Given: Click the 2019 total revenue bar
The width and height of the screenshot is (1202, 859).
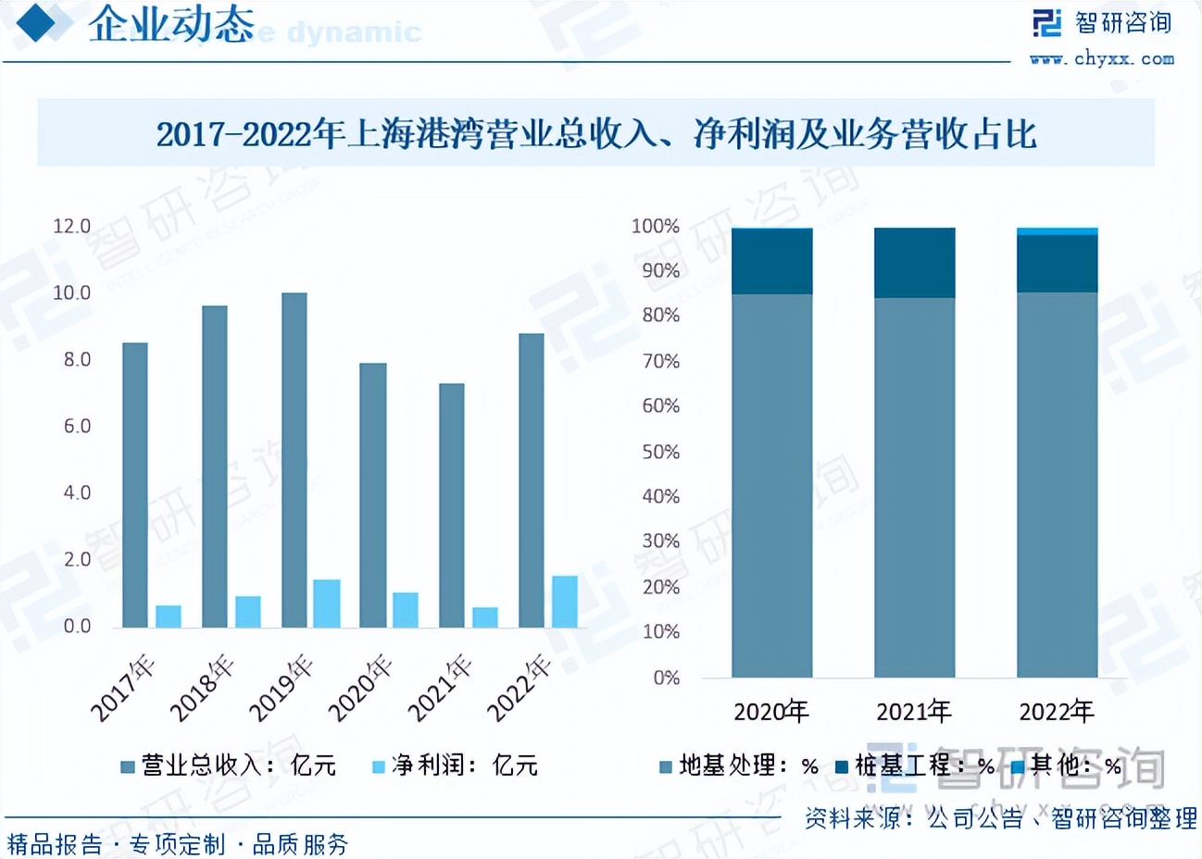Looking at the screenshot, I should (294, 460).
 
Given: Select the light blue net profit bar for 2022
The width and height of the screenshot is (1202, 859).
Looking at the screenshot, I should (565, 602).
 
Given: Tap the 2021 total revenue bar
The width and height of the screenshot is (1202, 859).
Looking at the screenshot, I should (452, 505).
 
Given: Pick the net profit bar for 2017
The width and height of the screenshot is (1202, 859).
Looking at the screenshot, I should (169, 616).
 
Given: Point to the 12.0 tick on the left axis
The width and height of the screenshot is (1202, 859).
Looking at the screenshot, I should (71, 227).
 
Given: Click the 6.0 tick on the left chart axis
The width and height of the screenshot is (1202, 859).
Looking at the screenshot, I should (77, 427).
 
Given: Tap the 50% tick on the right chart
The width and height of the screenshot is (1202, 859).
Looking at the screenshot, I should (660, 452).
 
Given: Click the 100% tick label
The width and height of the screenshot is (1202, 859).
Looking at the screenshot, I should (656, 227).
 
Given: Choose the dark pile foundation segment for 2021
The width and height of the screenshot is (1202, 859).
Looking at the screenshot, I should (915, 263).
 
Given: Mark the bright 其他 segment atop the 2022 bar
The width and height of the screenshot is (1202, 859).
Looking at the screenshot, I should (1058, 231).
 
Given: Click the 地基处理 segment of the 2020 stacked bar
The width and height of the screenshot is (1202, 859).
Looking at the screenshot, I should (772, 486).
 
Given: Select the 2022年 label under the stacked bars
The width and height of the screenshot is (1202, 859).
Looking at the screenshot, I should (1057, 712).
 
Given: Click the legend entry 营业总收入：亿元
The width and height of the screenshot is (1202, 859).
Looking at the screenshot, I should (229, 766).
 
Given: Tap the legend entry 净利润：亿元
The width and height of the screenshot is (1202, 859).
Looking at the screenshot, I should (455, 766).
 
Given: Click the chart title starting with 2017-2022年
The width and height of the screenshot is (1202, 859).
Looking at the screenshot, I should (596, 134).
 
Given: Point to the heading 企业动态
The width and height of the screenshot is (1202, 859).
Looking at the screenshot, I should (171, 24).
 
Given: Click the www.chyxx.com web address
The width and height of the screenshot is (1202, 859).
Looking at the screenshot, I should (1102, 58).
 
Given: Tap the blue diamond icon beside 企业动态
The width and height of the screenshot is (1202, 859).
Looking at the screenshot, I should (44, 22).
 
